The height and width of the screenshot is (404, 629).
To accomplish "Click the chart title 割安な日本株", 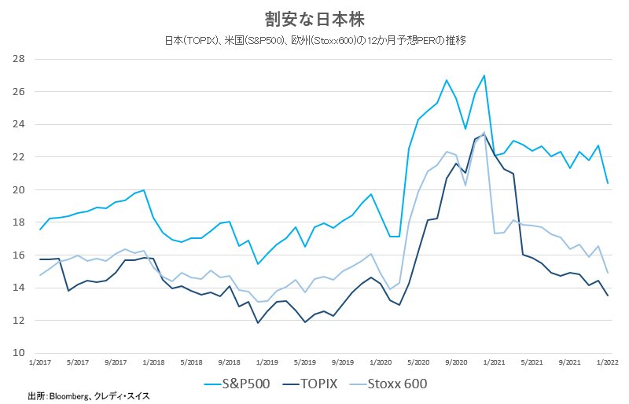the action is point(314,20).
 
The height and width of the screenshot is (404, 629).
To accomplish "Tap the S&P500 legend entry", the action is point(237,384).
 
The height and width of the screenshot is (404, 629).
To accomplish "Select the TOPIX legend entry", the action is point(310,384).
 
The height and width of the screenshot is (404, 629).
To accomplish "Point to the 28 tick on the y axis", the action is point(18,59).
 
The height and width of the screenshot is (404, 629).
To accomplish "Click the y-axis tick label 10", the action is point(18,353).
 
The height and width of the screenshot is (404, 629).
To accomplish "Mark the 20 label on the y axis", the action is point(18,189).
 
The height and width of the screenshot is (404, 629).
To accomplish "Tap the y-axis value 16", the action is point(18,255).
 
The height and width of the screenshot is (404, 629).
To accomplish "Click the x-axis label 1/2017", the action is point(40,362).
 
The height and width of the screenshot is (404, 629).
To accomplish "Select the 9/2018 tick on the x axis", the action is point(229,362).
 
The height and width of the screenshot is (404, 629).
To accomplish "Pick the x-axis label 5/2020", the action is point(418,362).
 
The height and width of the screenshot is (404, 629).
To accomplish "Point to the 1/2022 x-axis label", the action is point(607,362).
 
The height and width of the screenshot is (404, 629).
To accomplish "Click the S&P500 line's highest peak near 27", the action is point(484,75).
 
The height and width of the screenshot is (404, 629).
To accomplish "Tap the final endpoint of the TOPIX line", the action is point(607,296).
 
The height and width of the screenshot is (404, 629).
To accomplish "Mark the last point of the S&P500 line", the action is point(607,183).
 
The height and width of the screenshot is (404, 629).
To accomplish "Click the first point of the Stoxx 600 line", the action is point(40,275).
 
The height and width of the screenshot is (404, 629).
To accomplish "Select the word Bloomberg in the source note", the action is point(68,396).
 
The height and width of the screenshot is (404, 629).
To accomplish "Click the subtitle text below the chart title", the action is point(315,41).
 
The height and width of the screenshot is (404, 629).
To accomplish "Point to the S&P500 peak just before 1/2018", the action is point(144,189).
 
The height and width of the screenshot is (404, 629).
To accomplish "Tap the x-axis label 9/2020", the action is point(456,362).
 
